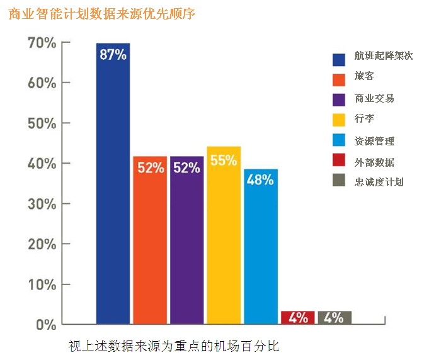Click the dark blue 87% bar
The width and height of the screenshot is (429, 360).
pos(113,189)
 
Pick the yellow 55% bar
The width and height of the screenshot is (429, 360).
pos(224,239)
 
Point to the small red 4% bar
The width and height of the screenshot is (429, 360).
pos(297,317)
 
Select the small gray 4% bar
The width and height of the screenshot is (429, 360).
pos(334,317)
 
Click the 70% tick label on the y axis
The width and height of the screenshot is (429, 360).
pos(42,43)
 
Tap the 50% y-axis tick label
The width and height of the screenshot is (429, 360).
pos(42,123)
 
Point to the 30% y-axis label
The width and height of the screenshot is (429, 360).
pos(42,204)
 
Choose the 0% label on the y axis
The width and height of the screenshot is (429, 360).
pos(46,325)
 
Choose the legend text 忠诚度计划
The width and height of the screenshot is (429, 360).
pos(379,183)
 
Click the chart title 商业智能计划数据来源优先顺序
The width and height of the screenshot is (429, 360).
pos(102,14)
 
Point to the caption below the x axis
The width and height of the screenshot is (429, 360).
pos(173,346)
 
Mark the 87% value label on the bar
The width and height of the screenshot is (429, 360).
pos(113,54)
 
